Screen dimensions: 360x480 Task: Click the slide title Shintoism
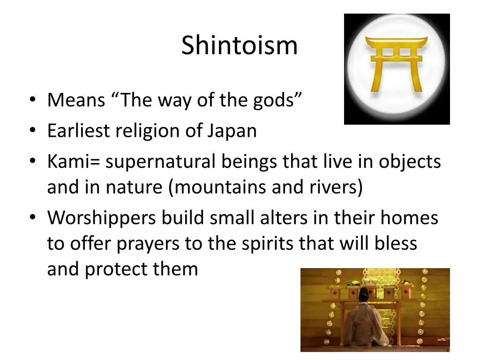tap(239, 46)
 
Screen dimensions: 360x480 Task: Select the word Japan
tap(231, 130)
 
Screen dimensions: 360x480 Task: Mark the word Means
tap(76, 99)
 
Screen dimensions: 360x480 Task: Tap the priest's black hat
tap(364, 295)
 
